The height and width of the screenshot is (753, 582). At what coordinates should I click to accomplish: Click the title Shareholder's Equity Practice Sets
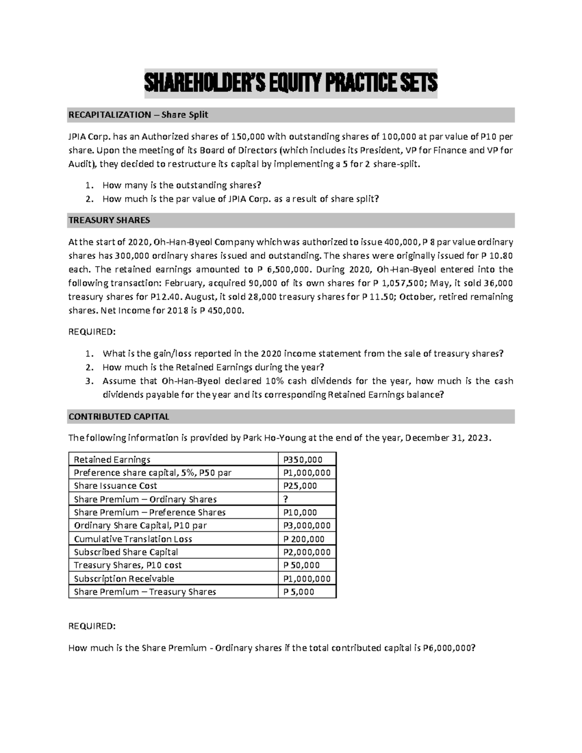291,83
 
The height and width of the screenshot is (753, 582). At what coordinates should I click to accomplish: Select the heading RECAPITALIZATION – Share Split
138,115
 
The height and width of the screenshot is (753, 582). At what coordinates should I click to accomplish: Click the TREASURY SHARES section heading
109,220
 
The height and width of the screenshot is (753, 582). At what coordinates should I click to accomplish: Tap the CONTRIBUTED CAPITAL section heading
119,417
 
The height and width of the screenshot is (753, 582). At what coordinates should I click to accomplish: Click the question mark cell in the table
286,499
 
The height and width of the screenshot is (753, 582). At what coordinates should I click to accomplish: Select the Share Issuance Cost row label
115,486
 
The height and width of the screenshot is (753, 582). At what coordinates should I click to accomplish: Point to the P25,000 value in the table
300,486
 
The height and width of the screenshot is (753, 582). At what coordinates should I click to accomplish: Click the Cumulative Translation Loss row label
133,539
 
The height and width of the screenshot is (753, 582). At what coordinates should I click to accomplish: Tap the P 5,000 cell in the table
299,592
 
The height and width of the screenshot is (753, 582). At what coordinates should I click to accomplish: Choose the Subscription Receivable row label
124,578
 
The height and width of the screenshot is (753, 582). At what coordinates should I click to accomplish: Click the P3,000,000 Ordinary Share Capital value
307,526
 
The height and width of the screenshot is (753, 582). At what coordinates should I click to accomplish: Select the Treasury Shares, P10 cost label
128,565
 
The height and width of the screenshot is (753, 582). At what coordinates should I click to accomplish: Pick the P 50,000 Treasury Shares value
302,565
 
